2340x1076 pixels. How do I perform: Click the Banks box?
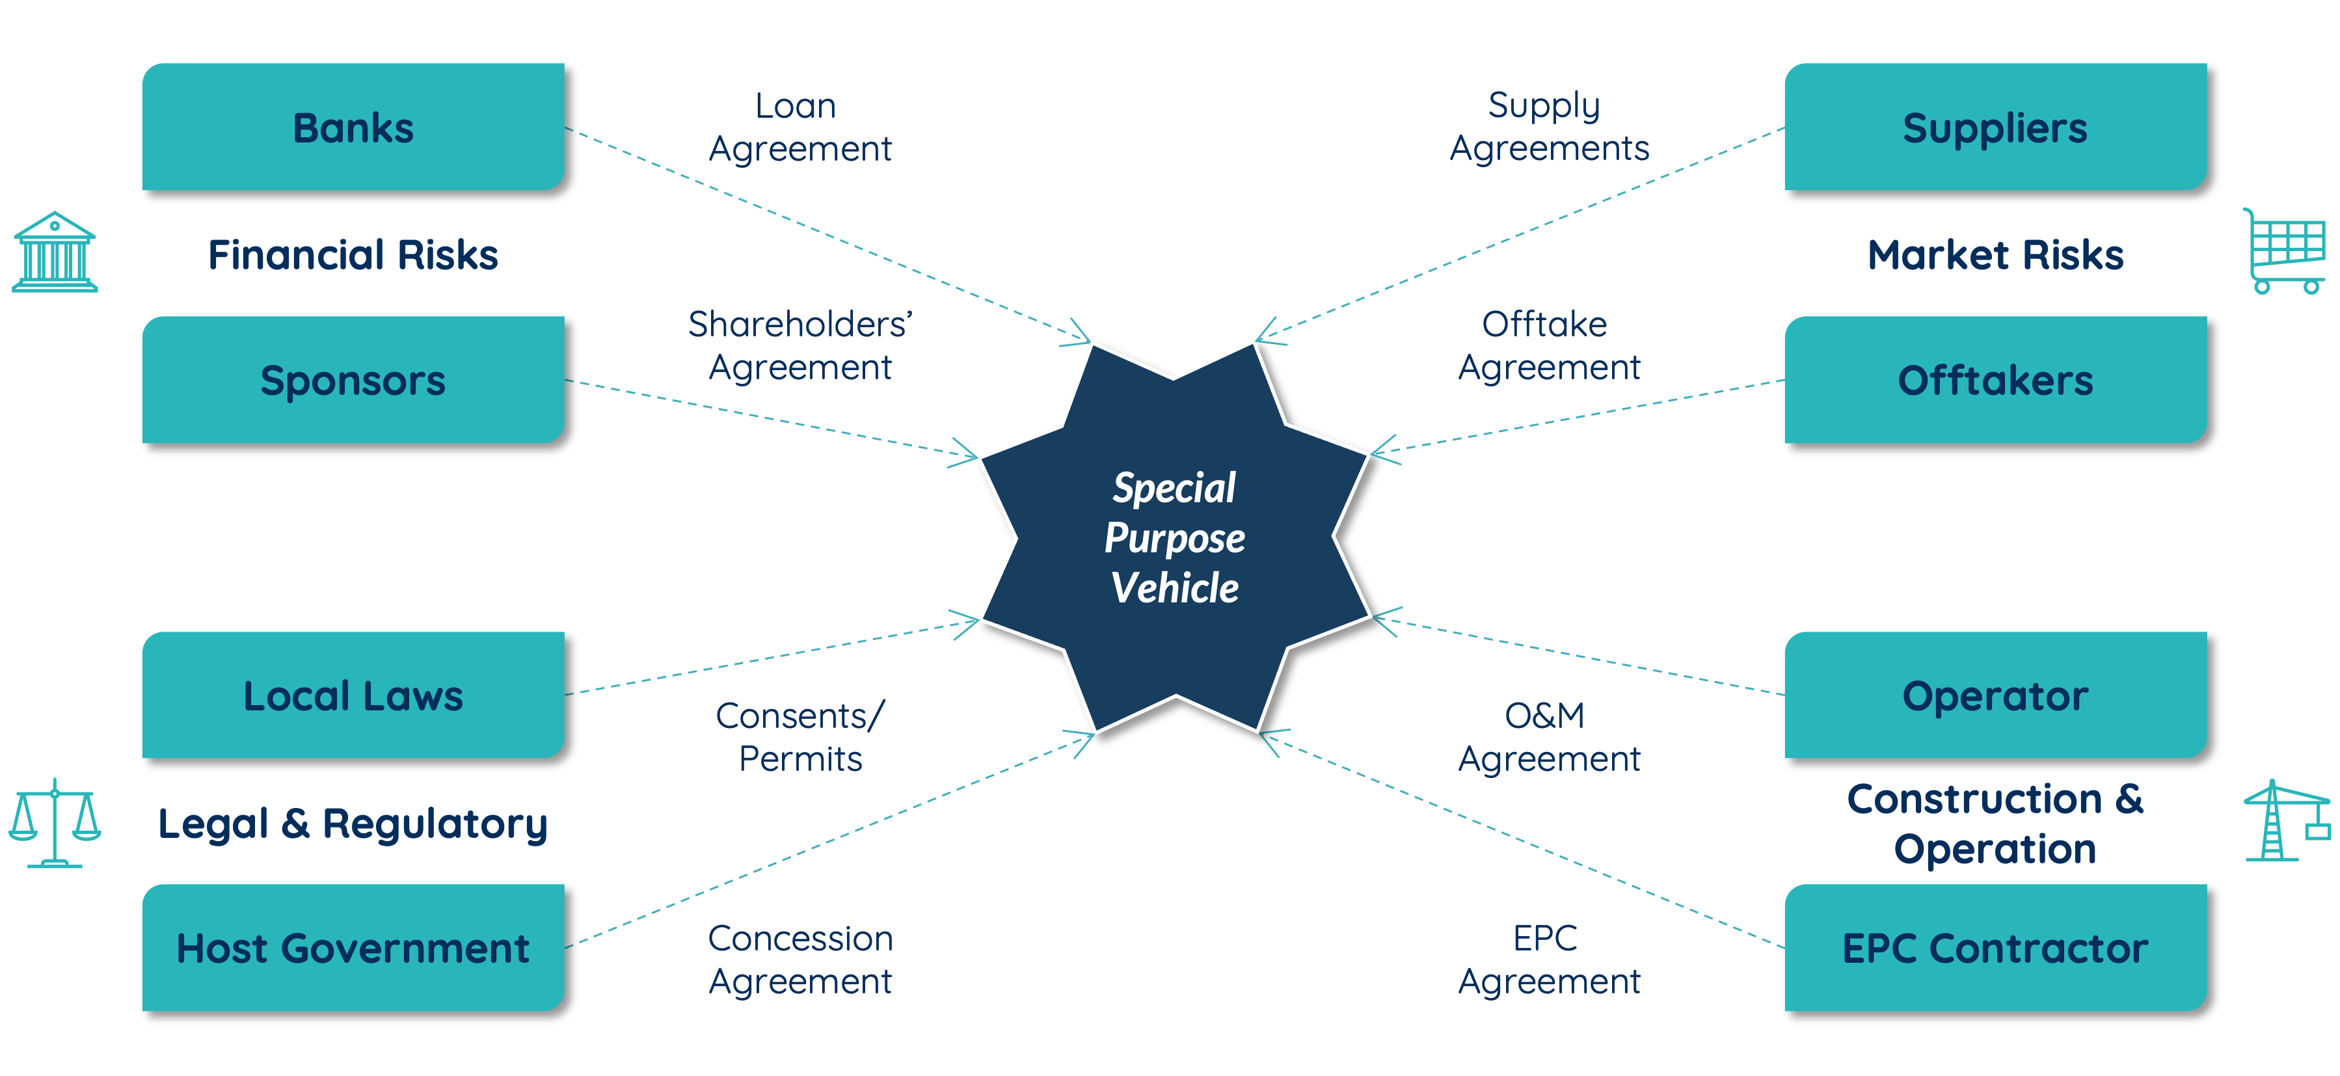click(353, 127)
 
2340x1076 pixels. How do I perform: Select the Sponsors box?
click(353, 379)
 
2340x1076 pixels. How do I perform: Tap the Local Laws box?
click(353, 695)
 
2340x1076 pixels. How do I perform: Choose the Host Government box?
click(353, 947)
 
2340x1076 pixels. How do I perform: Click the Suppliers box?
click(1995, 127)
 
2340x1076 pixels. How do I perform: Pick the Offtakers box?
click(1995, 379)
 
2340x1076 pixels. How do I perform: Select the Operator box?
click(1995, 695)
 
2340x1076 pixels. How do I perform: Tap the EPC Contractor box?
click(1995, 947)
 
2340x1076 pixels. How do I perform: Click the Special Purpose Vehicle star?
click(1174, 537)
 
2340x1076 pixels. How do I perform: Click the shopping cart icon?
click(2285, 252)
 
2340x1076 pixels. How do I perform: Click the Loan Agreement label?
click(800, 127)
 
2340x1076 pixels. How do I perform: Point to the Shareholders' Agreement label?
click(800, 345)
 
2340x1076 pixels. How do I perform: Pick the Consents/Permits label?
click(800, 736)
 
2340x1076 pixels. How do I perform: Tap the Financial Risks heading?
click(353, 255)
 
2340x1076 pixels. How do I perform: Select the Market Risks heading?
click(1995, 255)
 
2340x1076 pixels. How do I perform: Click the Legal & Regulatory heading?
click(353, 824)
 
